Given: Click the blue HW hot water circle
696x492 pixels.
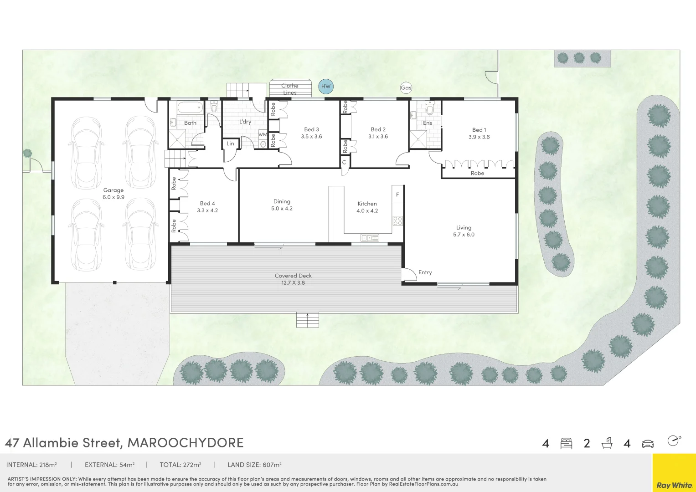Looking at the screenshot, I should click(325, 87).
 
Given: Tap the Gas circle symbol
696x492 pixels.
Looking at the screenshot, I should click(406, 88).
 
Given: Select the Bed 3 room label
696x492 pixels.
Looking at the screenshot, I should click(311, 133).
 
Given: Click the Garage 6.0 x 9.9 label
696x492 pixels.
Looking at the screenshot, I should click(113, 194).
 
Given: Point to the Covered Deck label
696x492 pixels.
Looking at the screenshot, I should click(293, 279).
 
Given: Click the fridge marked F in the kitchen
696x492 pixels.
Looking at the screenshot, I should click(397, 195).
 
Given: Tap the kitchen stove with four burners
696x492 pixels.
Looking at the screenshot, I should click(397, 221).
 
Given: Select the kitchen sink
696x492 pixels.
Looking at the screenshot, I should click(370, 238).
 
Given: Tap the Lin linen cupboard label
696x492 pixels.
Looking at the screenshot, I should click(231, 143).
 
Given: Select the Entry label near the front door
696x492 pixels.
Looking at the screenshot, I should click(425, 272).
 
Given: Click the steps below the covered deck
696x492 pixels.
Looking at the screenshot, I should click(307, 320).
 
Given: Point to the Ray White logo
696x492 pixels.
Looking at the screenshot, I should click(674, 485).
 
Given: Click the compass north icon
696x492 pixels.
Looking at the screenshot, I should click(673, 441).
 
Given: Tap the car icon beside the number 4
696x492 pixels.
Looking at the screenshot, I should click(648, 444).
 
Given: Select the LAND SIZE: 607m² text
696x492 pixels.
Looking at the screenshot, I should click(254, 465).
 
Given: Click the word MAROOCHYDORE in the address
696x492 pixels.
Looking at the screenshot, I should click(186, 443).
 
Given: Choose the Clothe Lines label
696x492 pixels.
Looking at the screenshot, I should click(290, 89).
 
